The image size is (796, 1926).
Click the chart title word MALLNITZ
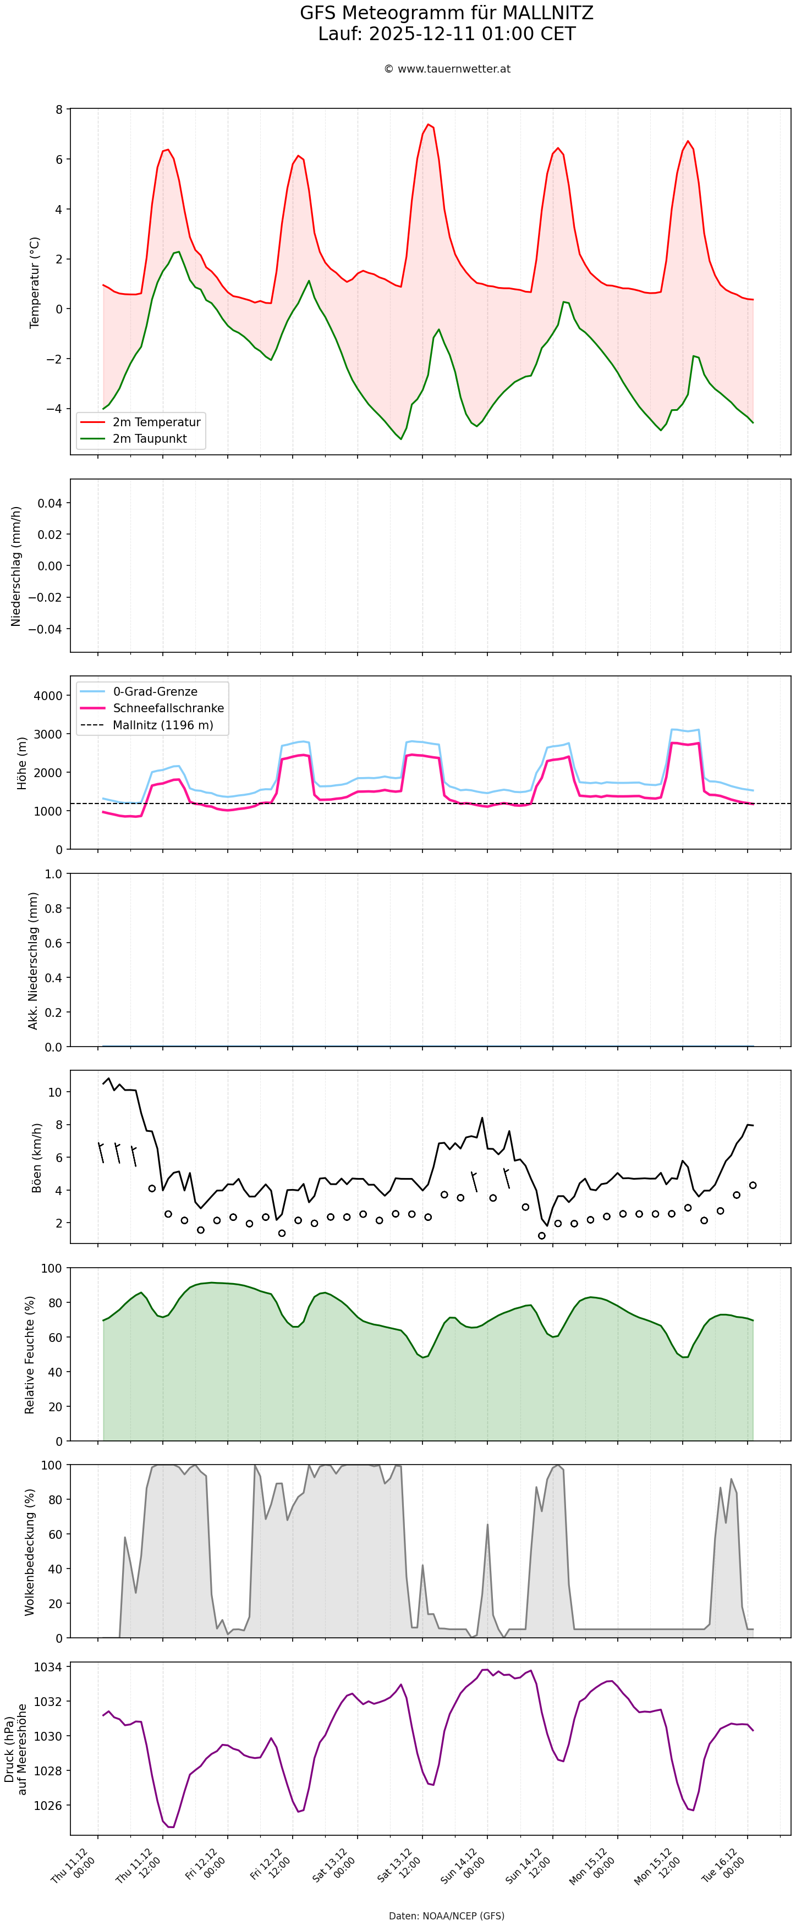click(x=547, y=13)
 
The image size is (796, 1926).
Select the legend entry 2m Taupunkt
click(x=150, y=439)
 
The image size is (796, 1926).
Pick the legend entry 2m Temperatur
click(x=156, y=422)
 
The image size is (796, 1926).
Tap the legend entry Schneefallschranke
click(x=168, y=708)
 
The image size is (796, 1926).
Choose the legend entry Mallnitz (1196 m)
click(x=163, y=725)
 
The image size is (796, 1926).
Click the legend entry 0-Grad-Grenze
click(x=155, y=692)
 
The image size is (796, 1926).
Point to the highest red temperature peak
click(x=428, y=124)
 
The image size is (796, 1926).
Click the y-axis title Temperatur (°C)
click(x=35, y=283)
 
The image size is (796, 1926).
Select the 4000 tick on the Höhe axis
click(x=48, y=695)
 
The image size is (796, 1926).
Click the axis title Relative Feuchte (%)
click(x=30, y=1355)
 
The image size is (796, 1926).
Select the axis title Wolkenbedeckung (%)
click(x=30, y=1551)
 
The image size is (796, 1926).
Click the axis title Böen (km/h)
click(x=36, y=1157)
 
